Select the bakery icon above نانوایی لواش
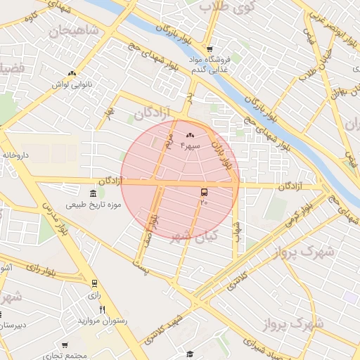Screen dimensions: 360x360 click(72, 73)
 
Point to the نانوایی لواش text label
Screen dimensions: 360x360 click(72, 84)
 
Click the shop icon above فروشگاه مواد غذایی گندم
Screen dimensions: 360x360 click(209, 49)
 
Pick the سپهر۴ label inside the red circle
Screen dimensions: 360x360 click(191, 145)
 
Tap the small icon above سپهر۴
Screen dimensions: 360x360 click(190, 135)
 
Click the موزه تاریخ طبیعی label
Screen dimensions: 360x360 click(94, 205)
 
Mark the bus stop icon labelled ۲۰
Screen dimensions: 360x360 click(204, 192)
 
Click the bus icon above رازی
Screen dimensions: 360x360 click(94, 284)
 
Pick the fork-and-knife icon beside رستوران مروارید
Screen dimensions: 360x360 click(102, 309)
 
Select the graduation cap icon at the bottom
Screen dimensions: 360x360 click(189, 354)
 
